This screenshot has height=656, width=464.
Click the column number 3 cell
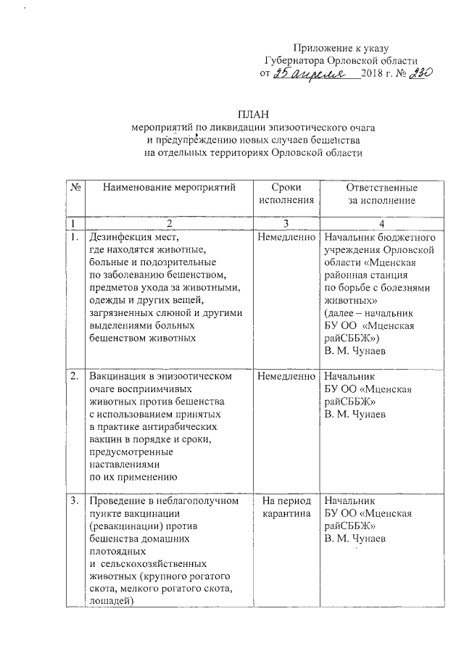(286, 222)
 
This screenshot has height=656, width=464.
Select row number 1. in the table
(74, 237)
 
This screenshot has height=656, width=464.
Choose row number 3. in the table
(74, 501)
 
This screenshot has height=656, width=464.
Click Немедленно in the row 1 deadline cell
(286, 237)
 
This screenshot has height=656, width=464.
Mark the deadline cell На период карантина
(286, 507)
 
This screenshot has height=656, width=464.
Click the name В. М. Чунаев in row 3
(355, 540)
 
